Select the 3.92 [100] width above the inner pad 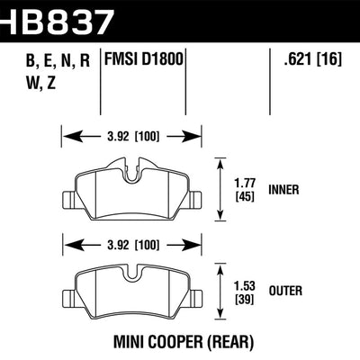[131, 138]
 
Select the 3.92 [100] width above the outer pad [131, 242]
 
